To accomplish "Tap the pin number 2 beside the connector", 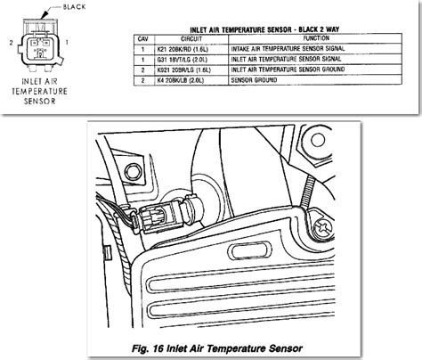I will coord(8,43).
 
